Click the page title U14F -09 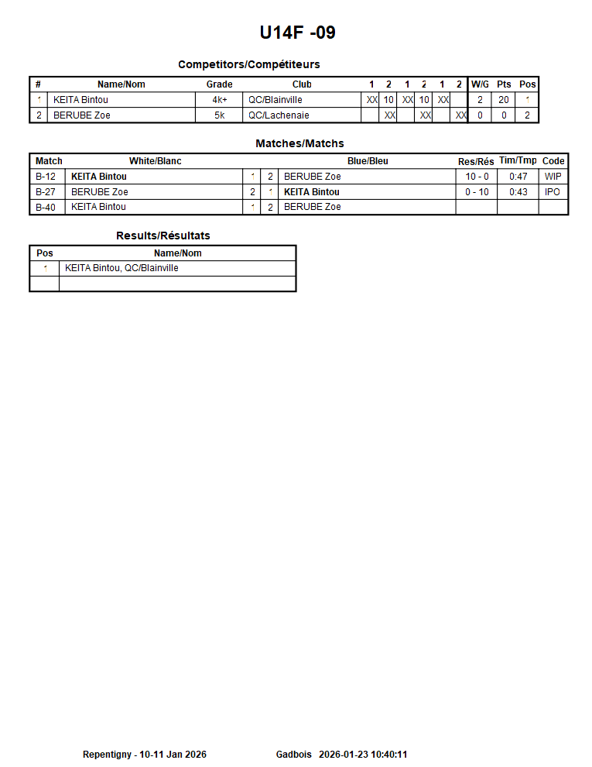(297, 33)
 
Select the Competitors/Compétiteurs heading (248, 64)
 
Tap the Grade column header (219, 84)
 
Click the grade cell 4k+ (219, 100)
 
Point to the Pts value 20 (504, 100)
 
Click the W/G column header (480, 84)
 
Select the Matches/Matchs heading (299, 143)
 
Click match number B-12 (46, 177)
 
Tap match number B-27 (46, 192)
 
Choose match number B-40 (46, 207)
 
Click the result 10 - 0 (477, 177)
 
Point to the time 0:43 (518, 192)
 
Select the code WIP (553, 177)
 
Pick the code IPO (553, 192)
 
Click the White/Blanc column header (155, 161)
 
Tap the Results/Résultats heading (163, 236)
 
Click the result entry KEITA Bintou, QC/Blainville (121, 268)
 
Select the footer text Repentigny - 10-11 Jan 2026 (144, 755)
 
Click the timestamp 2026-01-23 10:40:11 (363, 755)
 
